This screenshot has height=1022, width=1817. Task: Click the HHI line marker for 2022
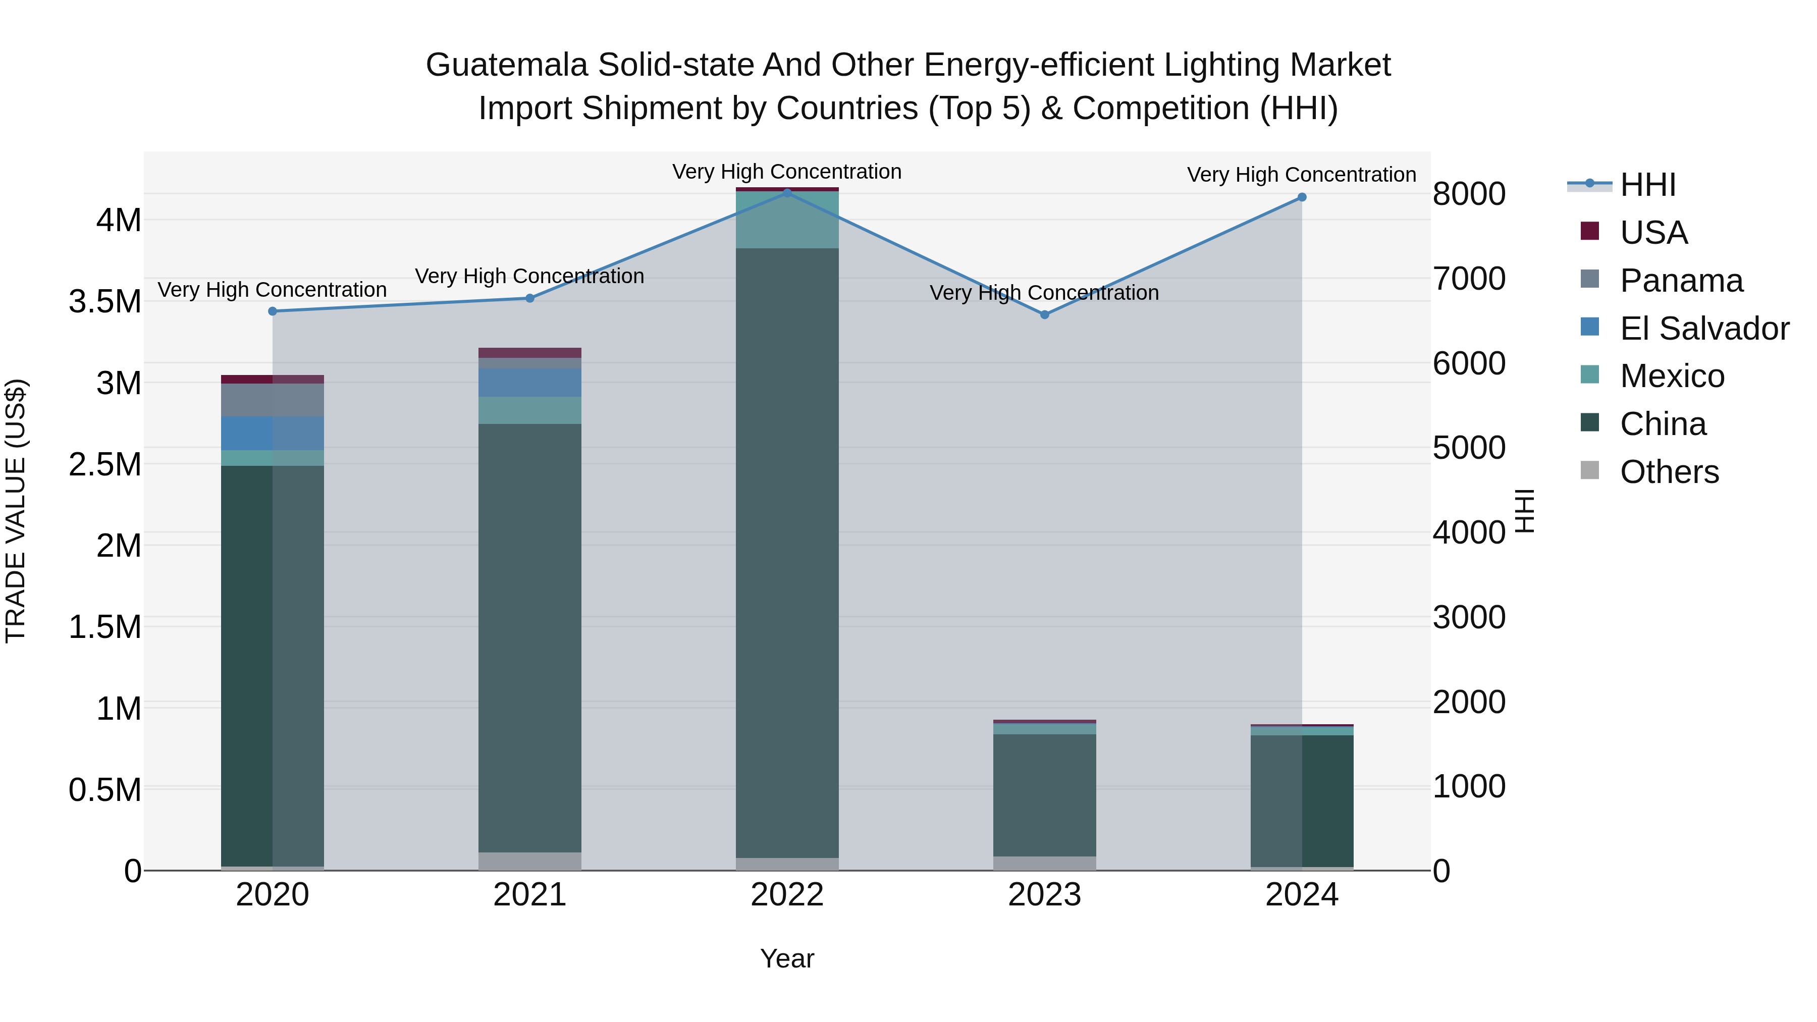coord(787,193)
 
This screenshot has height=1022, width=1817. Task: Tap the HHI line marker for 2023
coord(1045,314)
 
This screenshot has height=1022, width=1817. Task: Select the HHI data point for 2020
coord(272,311)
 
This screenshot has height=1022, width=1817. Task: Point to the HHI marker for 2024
coord(1302,197)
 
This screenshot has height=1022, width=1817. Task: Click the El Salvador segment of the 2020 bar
coord(272,433)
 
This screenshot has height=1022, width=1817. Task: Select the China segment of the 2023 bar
coord(1045,795)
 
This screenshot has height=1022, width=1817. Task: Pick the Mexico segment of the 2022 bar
coord(787,220)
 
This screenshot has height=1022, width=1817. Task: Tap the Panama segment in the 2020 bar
coord(272,400)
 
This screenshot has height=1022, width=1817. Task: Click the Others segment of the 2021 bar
coord(530,860)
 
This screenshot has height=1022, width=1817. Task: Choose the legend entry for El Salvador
coord(1704,329)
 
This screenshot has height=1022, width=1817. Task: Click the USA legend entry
coord(1653,233)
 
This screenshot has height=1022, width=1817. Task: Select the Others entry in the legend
coord(1669,472)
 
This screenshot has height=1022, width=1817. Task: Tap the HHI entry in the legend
coord(1648,185)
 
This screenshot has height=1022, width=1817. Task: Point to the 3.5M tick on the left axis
coord(104,302)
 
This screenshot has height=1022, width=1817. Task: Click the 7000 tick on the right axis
coord(1469,279)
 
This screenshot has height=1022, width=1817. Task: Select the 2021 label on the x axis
coord(530,895)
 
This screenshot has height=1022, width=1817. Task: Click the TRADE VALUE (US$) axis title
coord(16,511)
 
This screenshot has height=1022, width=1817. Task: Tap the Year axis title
coord(787,958)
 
